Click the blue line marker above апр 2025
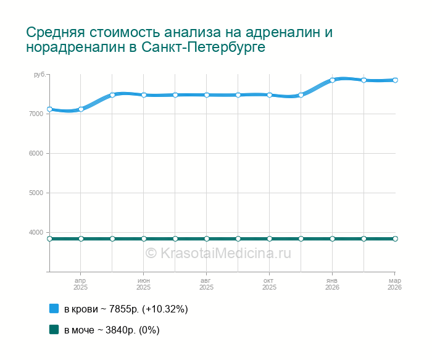point(81,109)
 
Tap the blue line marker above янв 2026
point(332,80)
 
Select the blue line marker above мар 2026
point(395,80)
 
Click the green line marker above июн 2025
point(144,238)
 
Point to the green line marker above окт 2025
point(269,238)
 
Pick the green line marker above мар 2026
point(395,238)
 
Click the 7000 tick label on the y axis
point(36,114)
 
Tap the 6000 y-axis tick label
point(36,153)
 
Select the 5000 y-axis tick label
point(36,193)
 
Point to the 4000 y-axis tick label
point(36,232)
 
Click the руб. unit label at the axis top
point(39,75)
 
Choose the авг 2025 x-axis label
point(206,284)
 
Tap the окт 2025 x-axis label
point(269,284)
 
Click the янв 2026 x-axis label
point(332,284)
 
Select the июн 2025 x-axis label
point(143,284)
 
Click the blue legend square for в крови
point(54,309)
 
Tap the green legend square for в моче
point(54,330)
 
